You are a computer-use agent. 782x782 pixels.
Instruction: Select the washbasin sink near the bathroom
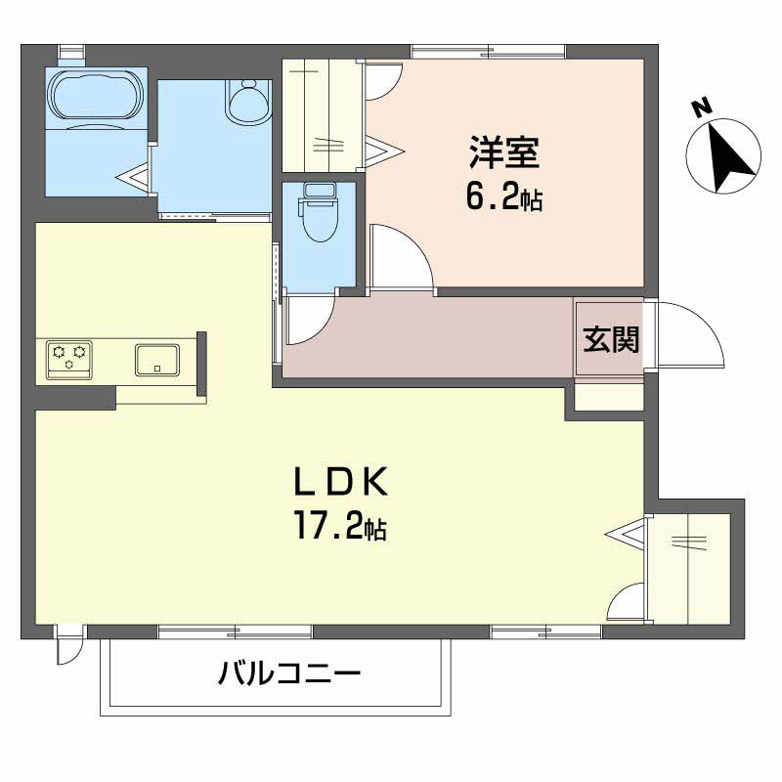247,102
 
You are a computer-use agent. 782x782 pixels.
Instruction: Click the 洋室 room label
504,153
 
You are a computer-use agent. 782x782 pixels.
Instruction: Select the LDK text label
343,482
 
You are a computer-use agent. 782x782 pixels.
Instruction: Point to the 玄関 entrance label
612,339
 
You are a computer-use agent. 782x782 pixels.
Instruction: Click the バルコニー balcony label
289,673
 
